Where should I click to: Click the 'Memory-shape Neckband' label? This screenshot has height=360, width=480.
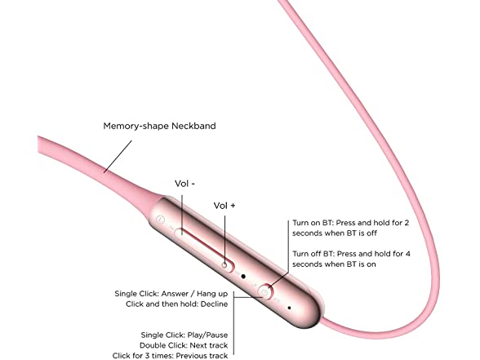coord(159,126)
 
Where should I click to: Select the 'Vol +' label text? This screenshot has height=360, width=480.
coord(224,206)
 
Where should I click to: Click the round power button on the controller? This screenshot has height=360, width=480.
coord(265,292)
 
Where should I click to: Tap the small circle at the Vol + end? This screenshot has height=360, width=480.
coord(224,265)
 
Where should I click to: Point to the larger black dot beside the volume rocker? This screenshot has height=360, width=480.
coord(243,277)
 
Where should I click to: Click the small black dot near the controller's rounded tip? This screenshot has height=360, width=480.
coord(289,308)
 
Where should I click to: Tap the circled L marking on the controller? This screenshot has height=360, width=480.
coord(160,220)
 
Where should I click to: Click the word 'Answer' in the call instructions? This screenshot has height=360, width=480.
coord(175,294)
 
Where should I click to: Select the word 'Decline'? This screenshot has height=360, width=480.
coord(214,304)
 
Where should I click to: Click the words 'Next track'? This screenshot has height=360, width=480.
coord(209,345)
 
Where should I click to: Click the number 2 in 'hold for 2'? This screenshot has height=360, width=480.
coord(407,223)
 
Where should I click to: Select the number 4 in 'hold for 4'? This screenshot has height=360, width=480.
coord(407,254)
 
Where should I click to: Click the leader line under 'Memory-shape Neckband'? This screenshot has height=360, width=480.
coord(118,157)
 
